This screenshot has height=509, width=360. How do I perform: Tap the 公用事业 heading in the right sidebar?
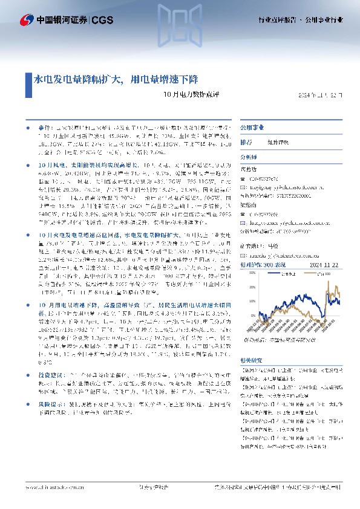tap(252, 128)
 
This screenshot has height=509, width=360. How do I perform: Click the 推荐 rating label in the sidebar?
tap(247, 143)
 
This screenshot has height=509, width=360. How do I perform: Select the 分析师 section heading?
tap(249, 157)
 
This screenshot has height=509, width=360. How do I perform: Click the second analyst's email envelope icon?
tap(244, 221)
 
